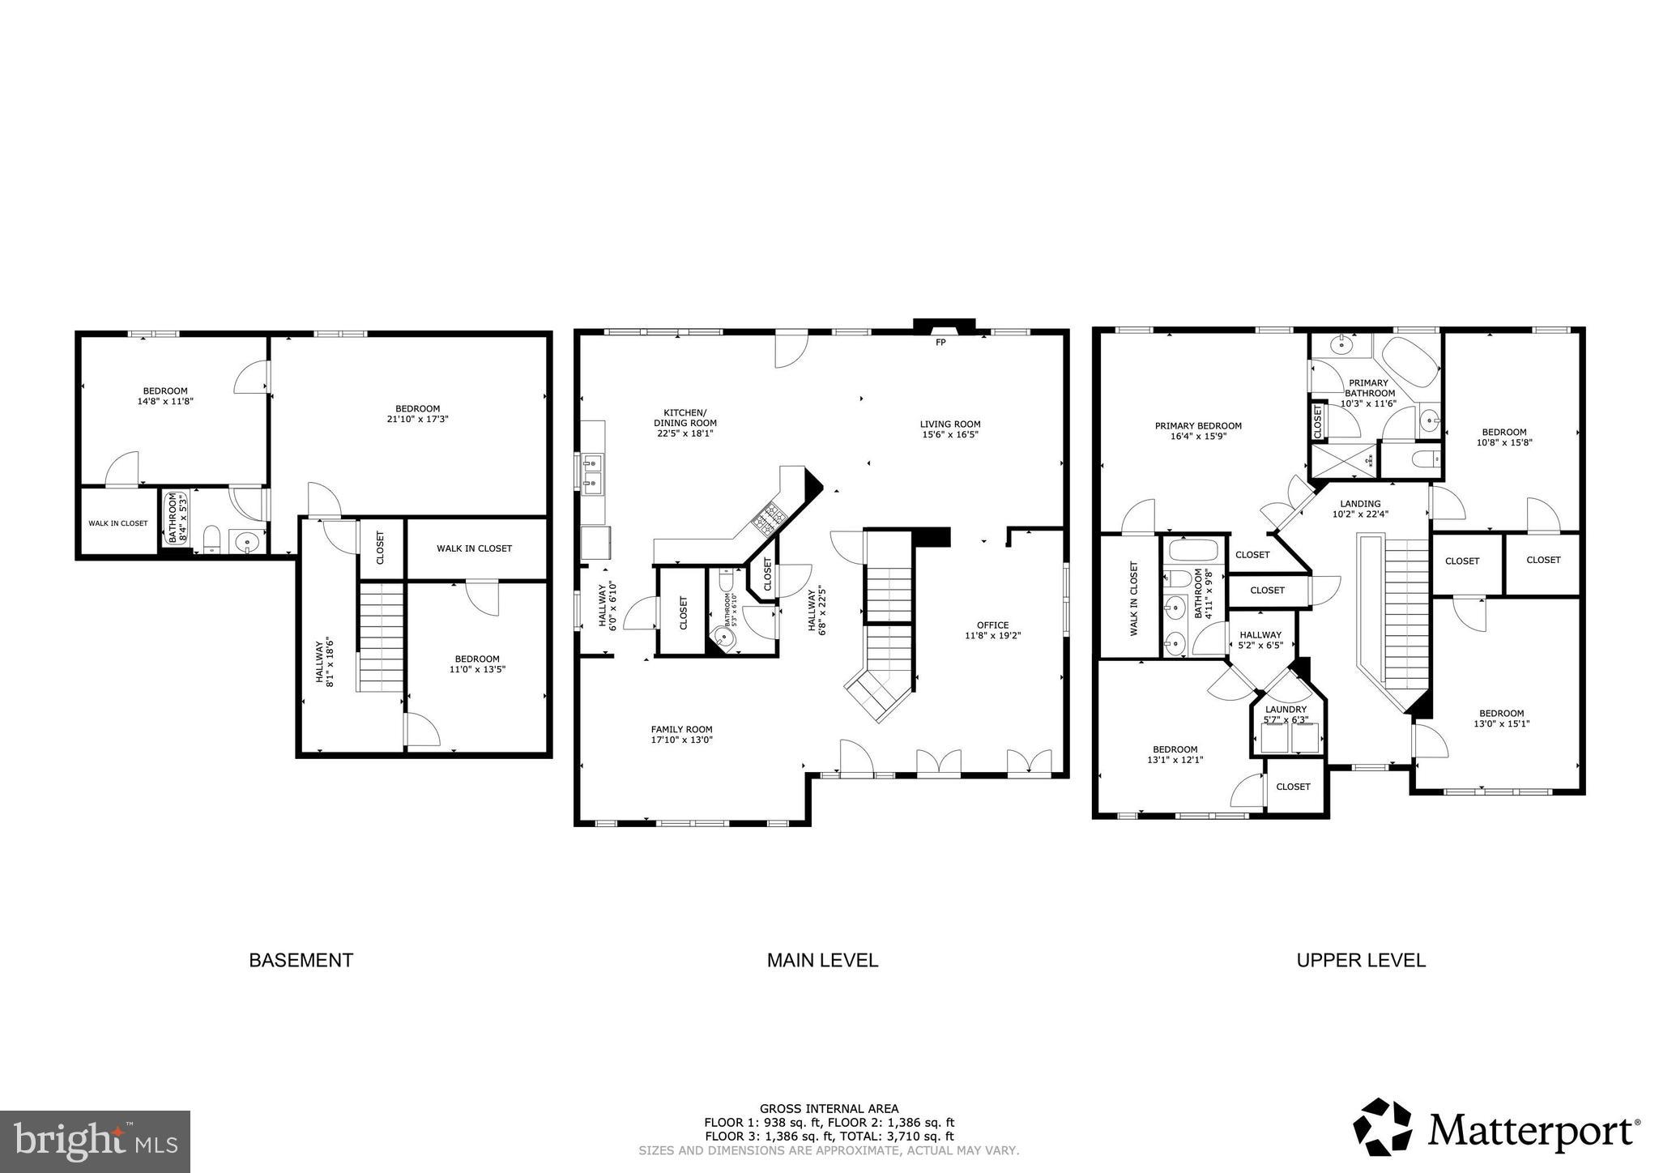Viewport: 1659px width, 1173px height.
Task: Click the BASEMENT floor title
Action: tap(301, 960)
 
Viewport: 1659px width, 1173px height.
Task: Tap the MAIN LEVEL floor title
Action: tap(822, 960)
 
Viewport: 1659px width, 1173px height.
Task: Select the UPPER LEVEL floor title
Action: tap(1361, 960)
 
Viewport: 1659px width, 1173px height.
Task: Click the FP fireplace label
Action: tap(940, 343)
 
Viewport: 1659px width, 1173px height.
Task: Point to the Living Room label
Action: tap(949, 424)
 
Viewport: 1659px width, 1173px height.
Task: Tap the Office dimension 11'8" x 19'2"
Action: tap(992, 636)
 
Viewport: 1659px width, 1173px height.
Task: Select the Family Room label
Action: tap(681, 729)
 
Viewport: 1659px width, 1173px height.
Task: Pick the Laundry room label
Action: tap(1286, 709)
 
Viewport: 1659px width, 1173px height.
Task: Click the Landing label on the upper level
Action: tap(1360, 503)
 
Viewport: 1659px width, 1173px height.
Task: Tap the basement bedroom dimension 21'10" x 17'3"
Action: tap(417, 420)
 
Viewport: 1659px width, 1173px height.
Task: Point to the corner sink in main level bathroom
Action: tap(724, 638)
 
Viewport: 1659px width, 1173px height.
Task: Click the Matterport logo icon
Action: tap(1383, 1127)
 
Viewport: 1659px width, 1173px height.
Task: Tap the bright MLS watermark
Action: tap(95, 1141)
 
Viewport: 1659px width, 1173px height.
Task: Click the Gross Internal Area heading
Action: tap(828, 1109)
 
